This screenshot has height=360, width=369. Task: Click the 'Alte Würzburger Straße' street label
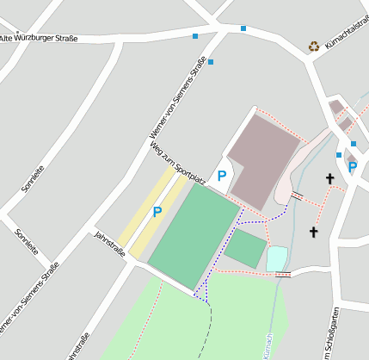(39, 38)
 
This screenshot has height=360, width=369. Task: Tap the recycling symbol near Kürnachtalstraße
(314, 47)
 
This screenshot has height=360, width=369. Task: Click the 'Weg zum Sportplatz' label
(177, 163)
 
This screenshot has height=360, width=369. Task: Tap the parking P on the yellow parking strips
(157, 211)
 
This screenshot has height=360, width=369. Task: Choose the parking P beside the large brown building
(222, 176)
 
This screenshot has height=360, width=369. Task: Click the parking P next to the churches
(352, 167)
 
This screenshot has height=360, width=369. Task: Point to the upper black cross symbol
(329, 178)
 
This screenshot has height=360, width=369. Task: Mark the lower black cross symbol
(313, 232)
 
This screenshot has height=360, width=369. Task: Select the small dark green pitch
(246, 248)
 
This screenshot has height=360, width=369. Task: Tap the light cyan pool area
(276, 258)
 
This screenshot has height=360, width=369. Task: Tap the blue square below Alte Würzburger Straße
(211, 62)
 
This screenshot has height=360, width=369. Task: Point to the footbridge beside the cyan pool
(283, 274)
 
